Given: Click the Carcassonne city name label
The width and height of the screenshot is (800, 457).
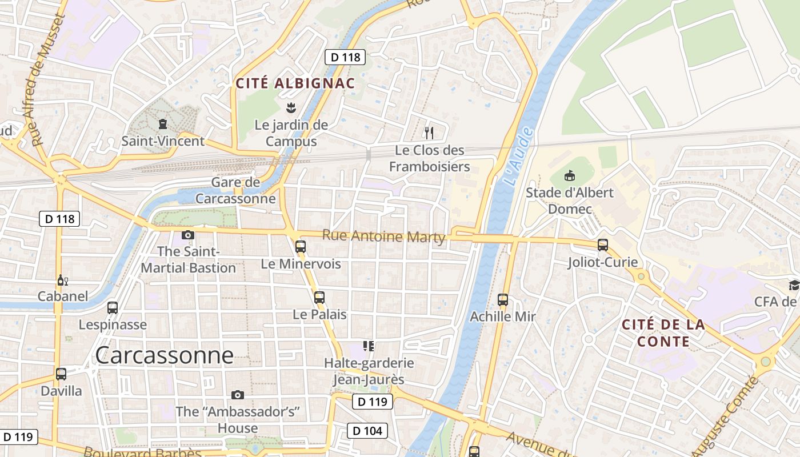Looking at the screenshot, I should (x=165, y=355).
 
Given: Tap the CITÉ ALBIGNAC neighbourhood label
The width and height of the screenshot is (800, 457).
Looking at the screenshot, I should (x=295, y=83).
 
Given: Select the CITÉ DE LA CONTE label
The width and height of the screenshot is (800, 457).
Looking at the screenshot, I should (x=663, y=333).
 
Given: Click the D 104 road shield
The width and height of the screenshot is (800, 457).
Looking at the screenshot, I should (x=367, y=430).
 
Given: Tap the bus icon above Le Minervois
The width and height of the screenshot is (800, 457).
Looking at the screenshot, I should (x=301, y=247).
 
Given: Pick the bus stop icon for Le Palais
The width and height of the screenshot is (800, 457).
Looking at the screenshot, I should (x=319, y=297).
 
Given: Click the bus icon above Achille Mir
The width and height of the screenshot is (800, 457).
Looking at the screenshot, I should (x=503, y=299).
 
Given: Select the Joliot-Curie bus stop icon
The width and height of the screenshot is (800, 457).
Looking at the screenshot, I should (x=603, y=245).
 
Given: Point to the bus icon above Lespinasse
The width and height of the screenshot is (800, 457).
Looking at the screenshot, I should (x=113, y=308).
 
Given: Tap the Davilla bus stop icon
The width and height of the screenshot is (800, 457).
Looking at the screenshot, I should (x=61, y=374).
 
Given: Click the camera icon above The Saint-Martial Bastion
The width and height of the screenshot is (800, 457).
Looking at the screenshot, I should (x=188, y=235).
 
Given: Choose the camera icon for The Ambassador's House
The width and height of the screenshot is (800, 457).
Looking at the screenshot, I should (x=238, y=395).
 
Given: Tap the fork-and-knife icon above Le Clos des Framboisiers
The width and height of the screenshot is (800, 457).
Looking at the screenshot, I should (x=429, y=133).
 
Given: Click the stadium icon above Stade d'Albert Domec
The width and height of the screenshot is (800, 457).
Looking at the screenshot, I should (x=569, y=175).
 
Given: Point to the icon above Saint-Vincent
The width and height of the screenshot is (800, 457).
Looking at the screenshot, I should (x=163, y=123).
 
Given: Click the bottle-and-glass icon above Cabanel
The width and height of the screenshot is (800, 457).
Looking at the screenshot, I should (x=62, y=280).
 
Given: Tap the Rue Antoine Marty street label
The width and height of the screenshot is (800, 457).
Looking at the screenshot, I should (x=383, y=236).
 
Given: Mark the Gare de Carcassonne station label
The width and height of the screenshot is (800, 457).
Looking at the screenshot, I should (x=235, y=191).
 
